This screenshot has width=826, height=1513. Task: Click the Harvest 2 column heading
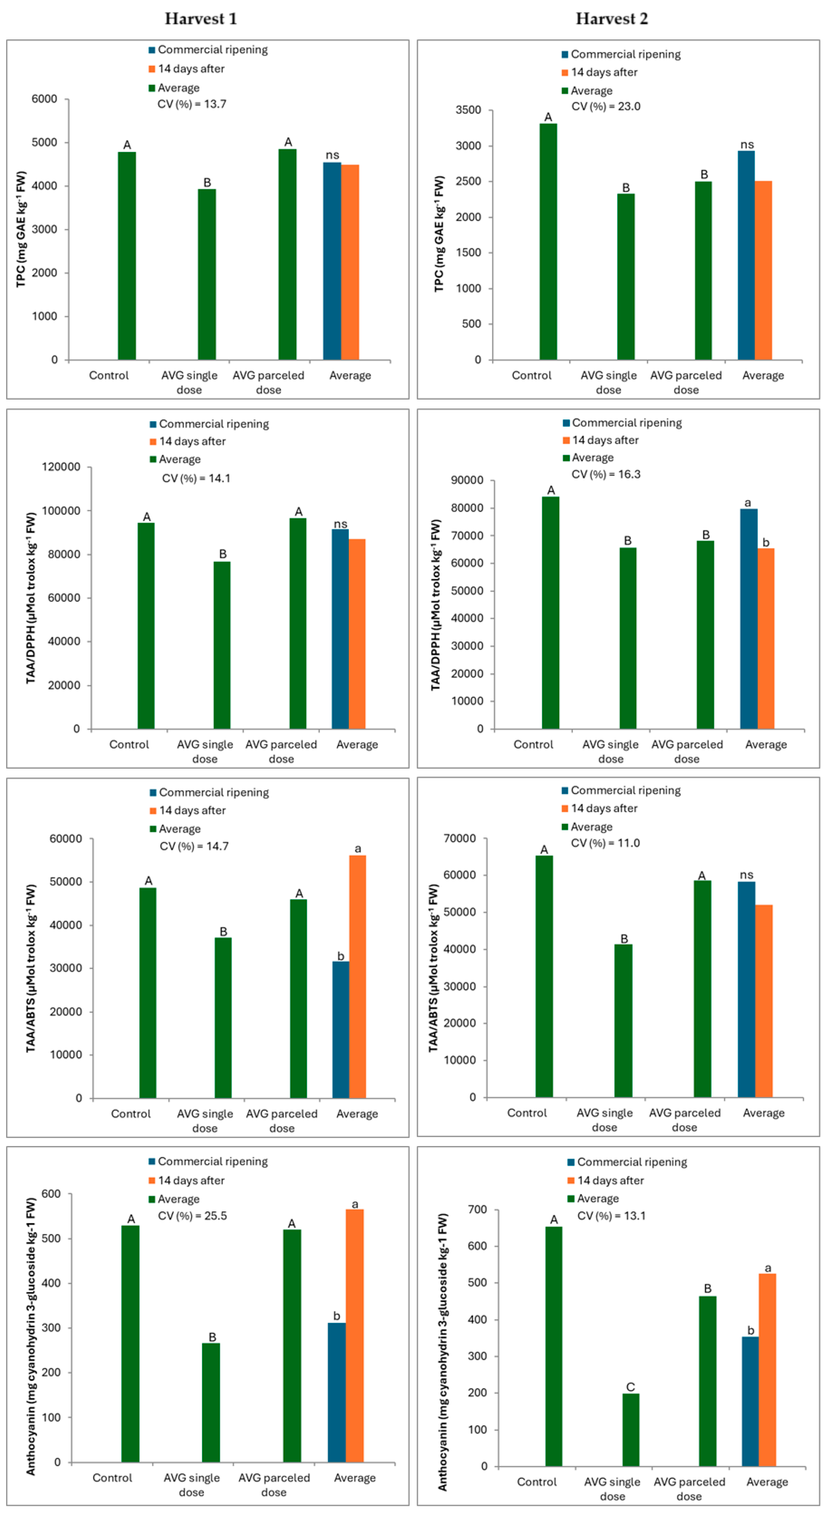pos(612,19)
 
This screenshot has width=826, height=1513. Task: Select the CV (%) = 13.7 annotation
pos(192,104)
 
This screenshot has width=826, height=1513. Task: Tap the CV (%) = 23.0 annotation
pos(606,106)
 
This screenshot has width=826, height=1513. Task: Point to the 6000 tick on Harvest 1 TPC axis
pos(45,99)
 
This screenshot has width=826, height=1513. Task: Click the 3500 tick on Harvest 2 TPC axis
pos(468,110)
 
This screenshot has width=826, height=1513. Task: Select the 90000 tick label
pos(467,480)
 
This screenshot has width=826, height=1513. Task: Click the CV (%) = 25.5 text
pos(192,1216)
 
